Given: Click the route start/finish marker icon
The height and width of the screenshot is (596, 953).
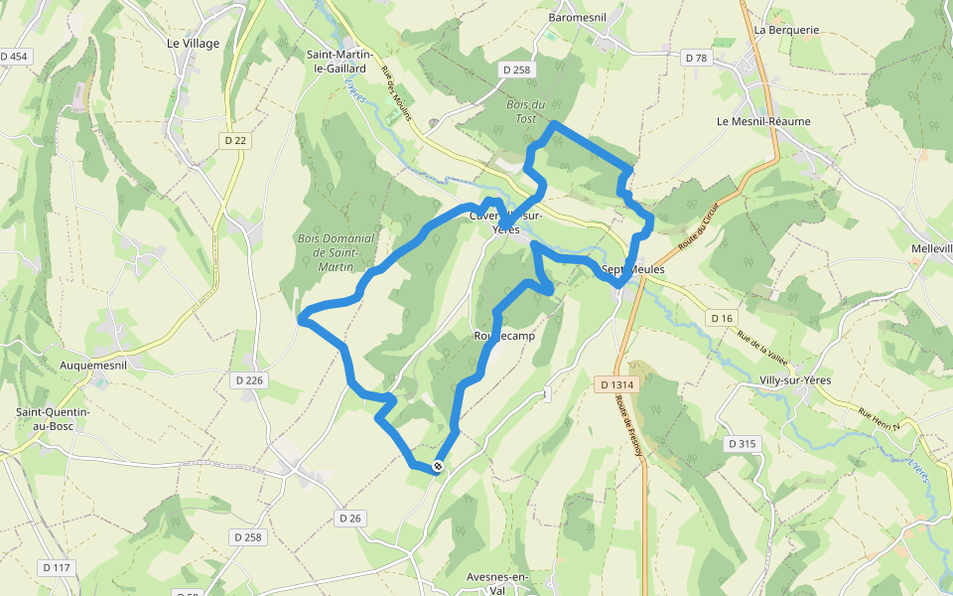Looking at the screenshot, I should click(438, 466).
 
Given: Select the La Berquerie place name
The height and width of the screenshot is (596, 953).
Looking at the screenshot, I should click(786, 30).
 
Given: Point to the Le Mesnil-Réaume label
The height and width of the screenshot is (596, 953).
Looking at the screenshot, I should click(763, 121).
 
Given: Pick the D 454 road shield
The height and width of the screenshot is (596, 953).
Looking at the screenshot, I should click(14, 57).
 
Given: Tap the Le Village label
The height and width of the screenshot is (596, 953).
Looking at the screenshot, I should click(193, 43).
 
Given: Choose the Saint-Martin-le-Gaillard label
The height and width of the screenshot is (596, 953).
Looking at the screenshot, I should click(336, 63).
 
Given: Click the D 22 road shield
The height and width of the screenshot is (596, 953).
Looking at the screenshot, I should click(235, 140).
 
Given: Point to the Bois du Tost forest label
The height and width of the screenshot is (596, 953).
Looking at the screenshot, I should click(526, 111).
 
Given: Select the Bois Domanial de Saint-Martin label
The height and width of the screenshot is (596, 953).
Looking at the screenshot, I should click(336, 252).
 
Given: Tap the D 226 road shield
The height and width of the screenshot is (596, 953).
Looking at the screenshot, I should click(250, 380).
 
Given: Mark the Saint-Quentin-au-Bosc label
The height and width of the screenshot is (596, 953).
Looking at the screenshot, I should click(54, 418).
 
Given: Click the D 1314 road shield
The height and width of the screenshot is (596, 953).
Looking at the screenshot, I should click(616, 384).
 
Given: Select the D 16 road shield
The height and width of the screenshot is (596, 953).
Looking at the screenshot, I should click(722, 318).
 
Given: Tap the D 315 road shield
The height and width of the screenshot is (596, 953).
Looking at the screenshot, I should click(740, 443).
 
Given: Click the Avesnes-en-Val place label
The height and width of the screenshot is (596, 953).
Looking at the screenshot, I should click(498, 583).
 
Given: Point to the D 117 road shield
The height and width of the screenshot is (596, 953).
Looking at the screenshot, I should click(57, 567).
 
